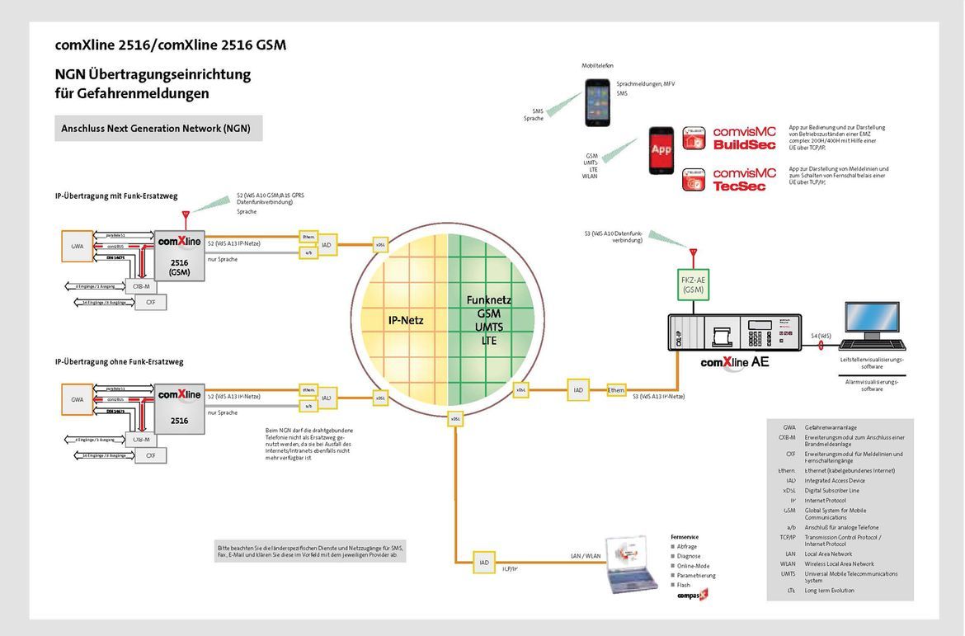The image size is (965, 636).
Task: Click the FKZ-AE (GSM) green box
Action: coord(694,285)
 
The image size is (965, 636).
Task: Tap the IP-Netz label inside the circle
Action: coord(406,319)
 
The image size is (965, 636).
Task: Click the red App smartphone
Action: coord(661,149)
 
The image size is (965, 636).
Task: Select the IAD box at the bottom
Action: coord(483,563)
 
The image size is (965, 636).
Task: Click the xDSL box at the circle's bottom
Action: coord(455,419)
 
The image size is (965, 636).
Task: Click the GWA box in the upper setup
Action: coord(78,245)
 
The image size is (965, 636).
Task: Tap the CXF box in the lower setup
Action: coord(150,455)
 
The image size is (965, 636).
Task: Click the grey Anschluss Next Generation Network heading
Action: coord(158,129)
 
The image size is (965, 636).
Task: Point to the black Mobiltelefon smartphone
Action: coord(597,102)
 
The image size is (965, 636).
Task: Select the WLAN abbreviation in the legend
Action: coord(790,563)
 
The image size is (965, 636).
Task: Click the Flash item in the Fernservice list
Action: coord(683,584)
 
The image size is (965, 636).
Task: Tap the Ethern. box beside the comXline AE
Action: coord(616,389)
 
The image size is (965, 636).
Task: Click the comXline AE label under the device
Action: coord(734,361)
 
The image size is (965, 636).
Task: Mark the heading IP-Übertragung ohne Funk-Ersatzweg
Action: coord(119,361)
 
